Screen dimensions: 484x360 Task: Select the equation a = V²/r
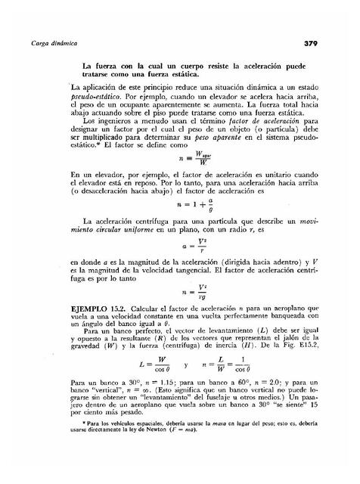(182, 246)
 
